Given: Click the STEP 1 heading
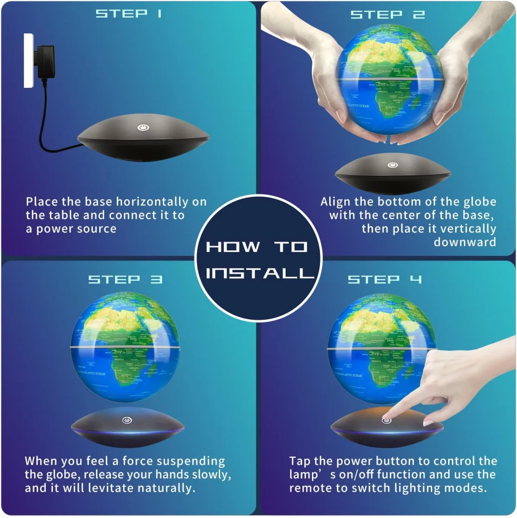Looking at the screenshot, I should click(x=128, y=14).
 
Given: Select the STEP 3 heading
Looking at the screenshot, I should click(x=125, y=279).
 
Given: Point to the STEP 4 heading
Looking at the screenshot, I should click(x=385, y=279).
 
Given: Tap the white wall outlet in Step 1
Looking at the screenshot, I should click(x=28, y=60).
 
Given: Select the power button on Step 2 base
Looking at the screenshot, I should click(x=392, y=165).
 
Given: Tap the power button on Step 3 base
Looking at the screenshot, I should click(x=127, y=420).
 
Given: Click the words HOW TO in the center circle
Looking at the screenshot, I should click(x=257, y=247).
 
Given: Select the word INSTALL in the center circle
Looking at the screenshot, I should click(x=259, y=273).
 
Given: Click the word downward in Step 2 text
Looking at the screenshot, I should click(x=464, y=242).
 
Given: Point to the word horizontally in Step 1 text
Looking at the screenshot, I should click(x=153, y=202).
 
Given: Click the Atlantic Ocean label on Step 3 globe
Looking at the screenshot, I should click(x=91, y=373).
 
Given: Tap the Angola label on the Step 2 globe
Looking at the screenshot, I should click(x=383, y=91).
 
